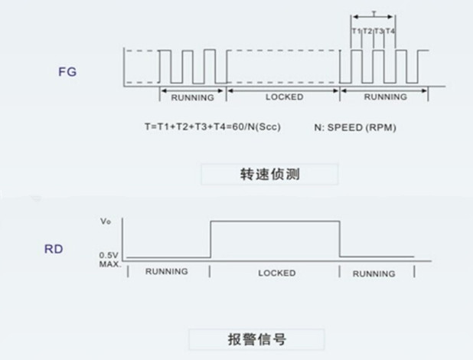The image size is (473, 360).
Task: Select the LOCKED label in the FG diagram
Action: [x=284, y=97]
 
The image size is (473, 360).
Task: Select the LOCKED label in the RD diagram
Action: [x=276, y=272]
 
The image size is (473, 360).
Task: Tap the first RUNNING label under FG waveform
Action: [x=192, y=97]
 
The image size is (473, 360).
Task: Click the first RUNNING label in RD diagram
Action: [x=166, y=272]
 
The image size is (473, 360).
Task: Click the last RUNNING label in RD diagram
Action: [x=374, y=273]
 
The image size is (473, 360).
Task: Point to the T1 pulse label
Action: [x=356, y=31]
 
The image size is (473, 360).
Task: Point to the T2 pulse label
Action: [x=367, y=31]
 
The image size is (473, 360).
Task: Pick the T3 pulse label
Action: [x=379, y=31]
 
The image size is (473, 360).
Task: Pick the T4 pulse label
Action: [x=390, y=31]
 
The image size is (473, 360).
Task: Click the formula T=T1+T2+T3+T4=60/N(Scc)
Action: [x=212, y=126]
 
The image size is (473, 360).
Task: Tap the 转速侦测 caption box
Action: [x=269, y=174]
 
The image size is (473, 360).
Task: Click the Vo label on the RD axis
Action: [x=106, y=221]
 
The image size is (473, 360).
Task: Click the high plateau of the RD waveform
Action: [x=274, y=221]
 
